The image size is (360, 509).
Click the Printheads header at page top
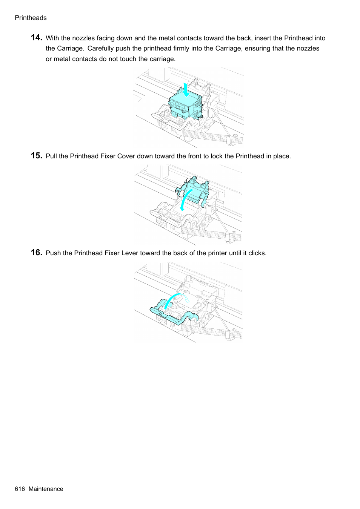31,18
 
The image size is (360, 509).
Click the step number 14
36,38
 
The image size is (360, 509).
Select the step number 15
36,156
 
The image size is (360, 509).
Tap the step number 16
36,253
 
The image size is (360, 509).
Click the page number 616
20,489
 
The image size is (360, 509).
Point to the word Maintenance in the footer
46,489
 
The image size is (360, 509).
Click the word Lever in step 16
130,253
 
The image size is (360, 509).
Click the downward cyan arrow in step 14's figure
186,90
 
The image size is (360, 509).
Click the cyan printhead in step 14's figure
185,106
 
